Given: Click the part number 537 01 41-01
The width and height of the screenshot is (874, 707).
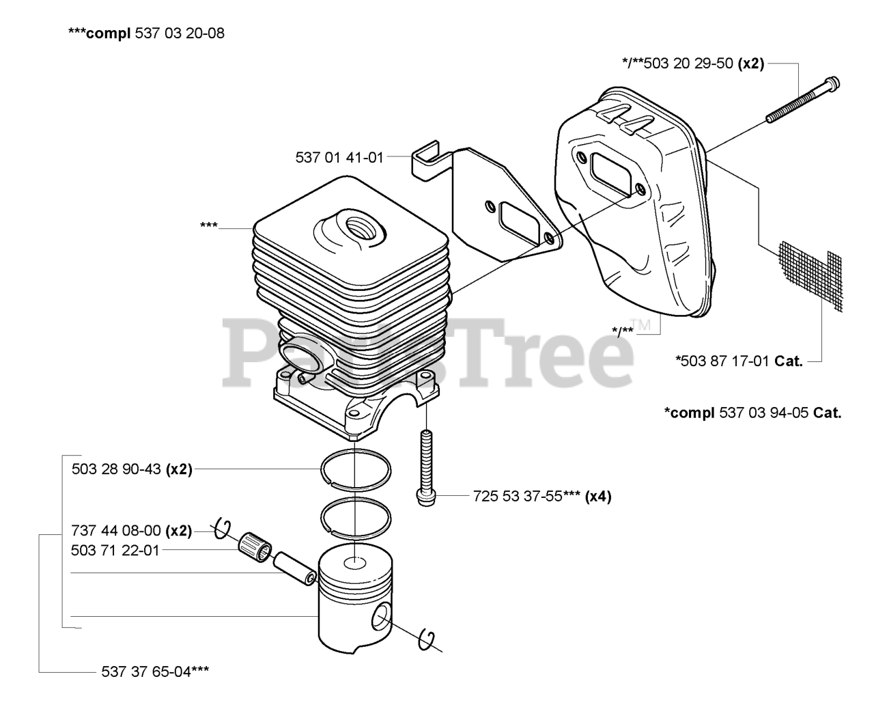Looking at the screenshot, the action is pyautogui.click(x=339, y=158).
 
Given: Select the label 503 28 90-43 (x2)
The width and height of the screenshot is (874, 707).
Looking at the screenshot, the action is pyautogui.click(x=132, y=469).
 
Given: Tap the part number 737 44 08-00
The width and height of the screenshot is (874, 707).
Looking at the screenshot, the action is pyautogui.click(x=115, y=531).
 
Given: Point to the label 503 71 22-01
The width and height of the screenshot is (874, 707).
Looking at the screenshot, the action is pyautogui.click(x=115, y=551).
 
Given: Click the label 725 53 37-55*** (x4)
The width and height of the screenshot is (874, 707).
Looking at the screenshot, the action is pyautogui.click(x=542, y=497).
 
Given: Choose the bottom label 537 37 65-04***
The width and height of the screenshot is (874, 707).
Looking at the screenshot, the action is pyautogui.click(x=155, y=672).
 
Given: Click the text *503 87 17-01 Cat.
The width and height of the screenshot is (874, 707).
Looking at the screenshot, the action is pyautogui.click(x=739, y=361).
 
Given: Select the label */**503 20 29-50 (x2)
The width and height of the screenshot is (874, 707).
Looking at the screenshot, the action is pyautogui.click(x=693, y=64).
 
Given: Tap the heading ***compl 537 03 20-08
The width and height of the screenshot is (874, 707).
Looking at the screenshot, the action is pyautogui.click(x=146, y=33).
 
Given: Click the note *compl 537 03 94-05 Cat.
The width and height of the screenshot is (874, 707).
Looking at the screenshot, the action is pyautogui.click(x=753, y=413).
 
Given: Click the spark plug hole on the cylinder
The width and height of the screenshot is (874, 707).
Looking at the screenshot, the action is pyautogui.click(x=360, y=229).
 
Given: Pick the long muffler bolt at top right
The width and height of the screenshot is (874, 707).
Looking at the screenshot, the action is pyautogui.click(x=802, y=100).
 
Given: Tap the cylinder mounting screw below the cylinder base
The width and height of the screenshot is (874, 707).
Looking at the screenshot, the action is pyautogui.click(x=427, y=469).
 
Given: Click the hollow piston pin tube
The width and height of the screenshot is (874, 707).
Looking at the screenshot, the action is pyautogui.click(x=294, y=568).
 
